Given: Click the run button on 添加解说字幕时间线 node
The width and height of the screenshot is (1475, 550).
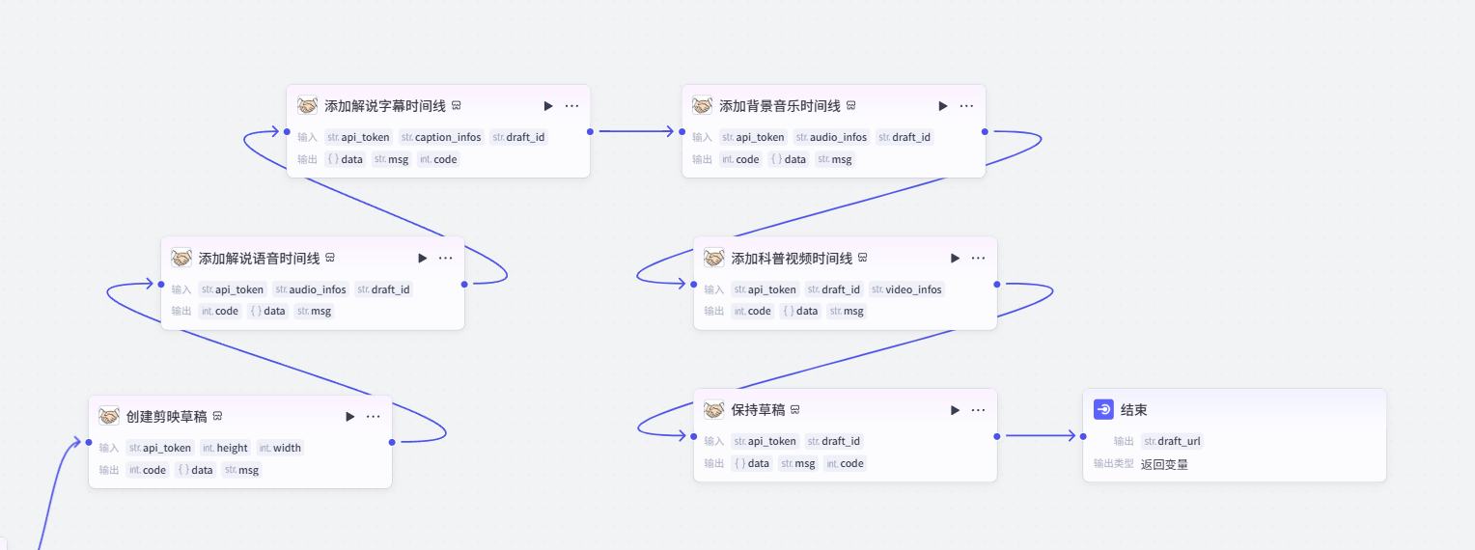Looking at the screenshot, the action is pyautogui.click(x=548, y=106).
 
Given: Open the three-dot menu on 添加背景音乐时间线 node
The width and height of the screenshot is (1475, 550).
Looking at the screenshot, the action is pyautogui.click(x=966, y=106).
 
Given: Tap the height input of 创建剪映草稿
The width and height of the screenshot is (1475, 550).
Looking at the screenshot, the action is pyautogui.click(x=225, y=448).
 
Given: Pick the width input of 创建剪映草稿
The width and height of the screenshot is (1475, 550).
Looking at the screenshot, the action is pyautogui.click(x=280, y=448).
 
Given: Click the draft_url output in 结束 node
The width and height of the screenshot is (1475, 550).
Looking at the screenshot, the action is pyautogui.click(x=1172, y=441).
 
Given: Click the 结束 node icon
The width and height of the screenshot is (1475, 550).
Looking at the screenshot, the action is pyautogui.click(x=1103, y=410).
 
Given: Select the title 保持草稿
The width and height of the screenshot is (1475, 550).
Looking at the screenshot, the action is pyautogui.click(x=758, y=410).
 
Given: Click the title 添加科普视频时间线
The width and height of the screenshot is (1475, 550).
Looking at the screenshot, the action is pyautogui.click(x=792, y=259).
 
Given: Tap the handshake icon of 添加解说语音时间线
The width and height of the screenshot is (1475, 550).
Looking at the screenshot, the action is pyautogui.click(x=181, y=259).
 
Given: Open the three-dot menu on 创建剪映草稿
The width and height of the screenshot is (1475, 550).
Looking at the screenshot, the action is pyautogui.click(x=373, y=417).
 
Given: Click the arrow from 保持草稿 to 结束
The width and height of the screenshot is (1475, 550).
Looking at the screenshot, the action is pyautogui.click(x=1040, y=436).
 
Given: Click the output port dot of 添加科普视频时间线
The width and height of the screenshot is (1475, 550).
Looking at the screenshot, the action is pyautogui.click(x=996, y=284).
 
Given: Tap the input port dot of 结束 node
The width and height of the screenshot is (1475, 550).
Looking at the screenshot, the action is pyautogui.click(x=1083, y=436).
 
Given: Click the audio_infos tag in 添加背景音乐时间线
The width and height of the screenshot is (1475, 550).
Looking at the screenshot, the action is pyautogui.click(x=831, y=137).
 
